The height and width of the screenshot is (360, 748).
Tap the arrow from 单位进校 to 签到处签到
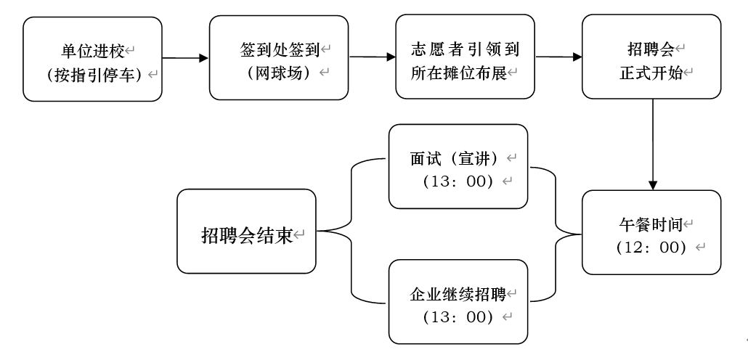184,59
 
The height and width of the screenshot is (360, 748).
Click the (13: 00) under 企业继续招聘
458,317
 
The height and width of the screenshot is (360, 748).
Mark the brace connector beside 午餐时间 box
556,233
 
